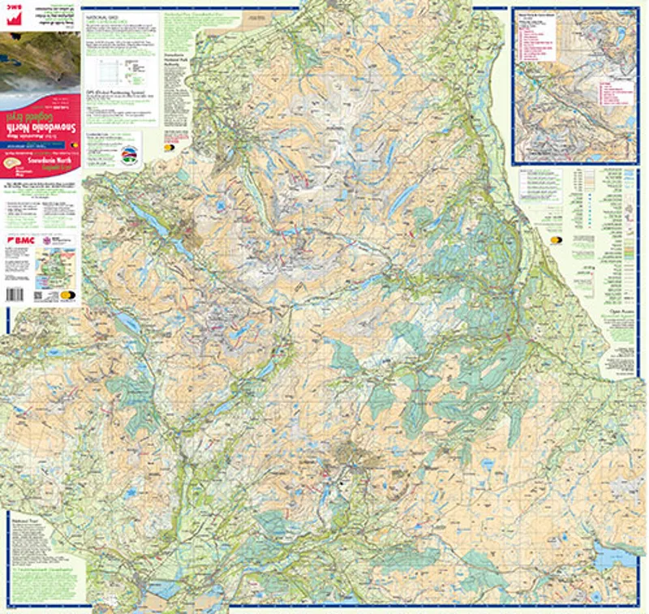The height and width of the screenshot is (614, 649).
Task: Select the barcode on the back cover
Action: [x=16, y=294]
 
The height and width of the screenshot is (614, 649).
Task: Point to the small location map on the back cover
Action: [x=54, y=264]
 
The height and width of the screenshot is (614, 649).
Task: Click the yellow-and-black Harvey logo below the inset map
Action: [x=557, y=240]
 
